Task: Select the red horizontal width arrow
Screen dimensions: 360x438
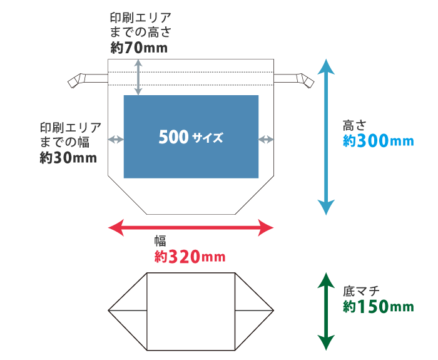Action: pyautogui.click(x=191, y=227)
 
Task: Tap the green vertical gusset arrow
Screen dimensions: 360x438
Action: pyautogui.click(x=325, y=311)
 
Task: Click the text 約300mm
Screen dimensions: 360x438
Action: pyautogui.click(x=378, y=141)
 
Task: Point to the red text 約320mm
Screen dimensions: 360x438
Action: pyautogui.click(x=189, y=256)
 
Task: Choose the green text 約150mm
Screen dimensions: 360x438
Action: pyautogui.click(x=378, y=307)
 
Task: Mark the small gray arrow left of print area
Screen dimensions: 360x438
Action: pyautogui.click(x=116, y=139)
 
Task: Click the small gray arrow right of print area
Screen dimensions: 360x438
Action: pyautogui.click(x=266, y=139)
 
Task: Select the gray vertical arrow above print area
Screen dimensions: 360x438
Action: pyautogui.click(x=138, y=77)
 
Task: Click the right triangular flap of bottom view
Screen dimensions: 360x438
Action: pyautogui.click(x=253, y=310)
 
